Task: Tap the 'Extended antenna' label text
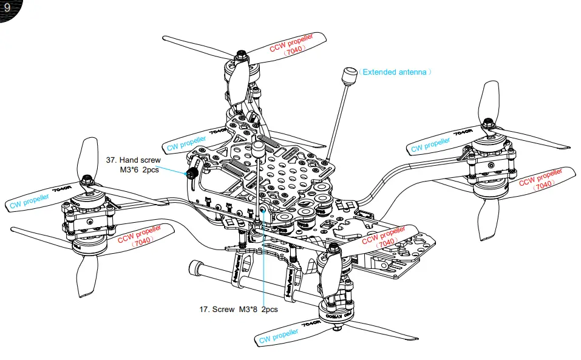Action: (395, 72)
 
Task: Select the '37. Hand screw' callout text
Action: (134, 160)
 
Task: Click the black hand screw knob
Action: (190, 174)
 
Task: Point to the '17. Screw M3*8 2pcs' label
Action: (239, 309)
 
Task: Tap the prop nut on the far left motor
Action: (87, 180)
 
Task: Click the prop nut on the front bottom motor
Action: (333, 248)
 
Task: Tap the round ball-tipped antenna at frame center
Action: (258, 148)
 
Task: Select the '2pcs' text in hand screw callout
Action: (151, 171)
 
